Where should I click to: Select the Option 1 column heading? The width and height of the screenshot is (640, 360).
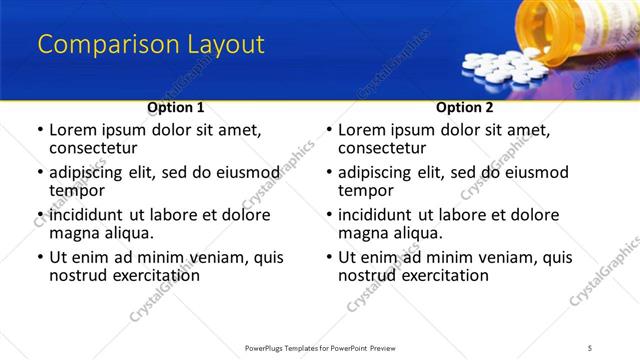click(x=176, y=106)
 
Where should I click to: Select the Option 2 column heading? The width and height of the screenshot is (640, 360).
click(x=464, y=106)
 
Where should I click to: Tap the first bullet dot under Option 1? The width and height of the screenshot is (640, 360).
click(x=41, y=130)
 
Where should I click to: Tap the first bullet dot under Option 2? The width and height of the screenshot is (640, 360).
click(x=330, y=130)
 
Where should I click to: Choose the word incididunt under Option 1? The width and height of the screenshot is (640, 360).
click(x=88, y=215)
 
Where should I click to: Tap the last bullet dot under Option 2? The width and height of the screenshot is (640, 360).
click(x=330, y=257)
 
